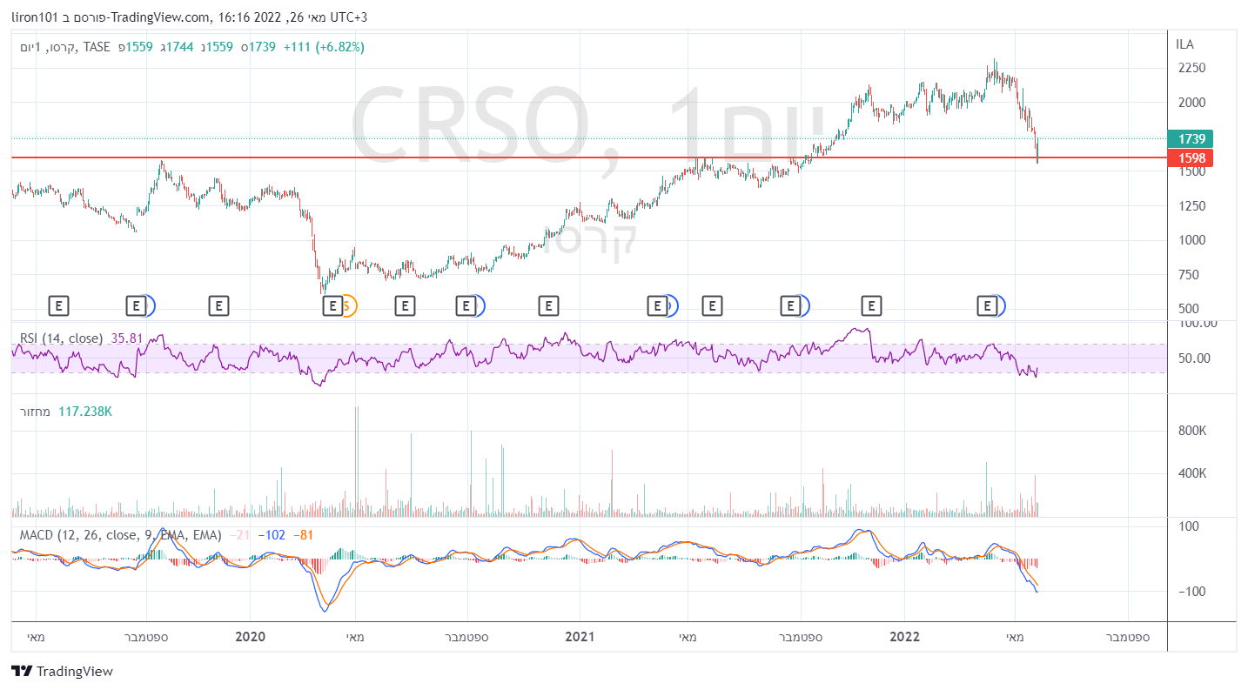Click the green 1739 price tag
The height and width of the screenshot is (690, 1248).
1191,138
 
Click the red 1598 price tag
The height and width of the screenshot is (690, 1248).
1191,157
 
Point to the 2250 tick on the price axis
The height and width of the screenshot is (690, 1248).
1191,68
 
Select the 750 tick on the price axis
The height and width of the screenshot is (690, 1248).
1188,274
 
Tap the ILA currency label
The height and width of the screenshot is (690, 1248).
1184,44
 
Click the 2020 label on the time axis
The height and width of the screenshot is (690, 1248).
250,637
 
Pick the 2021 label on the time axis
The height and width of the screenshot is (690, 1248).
580,637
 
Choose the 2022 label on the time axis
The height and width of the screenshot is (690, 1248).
904,637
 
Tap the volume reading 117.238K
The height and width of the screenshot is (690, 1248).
85,411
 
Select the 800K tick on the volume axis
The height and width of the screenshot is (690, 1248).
1191,431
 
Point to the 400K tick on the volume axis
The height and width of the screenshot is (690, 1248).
1191,473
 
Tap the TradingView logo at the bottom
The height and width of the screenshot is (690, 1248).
62,671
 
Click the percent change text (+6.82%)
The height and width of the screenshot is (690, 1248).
337,47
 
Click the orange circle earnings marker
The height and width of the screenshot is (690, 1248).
347,305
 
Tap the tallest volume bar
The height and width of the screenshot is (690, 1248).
356,461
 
